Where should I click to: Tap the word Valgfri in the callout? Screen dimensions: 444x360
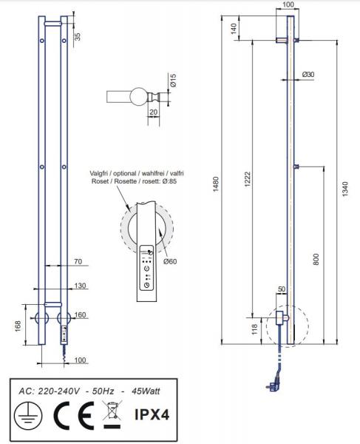[x=102, y=172]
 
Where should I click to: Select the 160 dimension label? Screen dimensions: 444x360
[x=80, y=315]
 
